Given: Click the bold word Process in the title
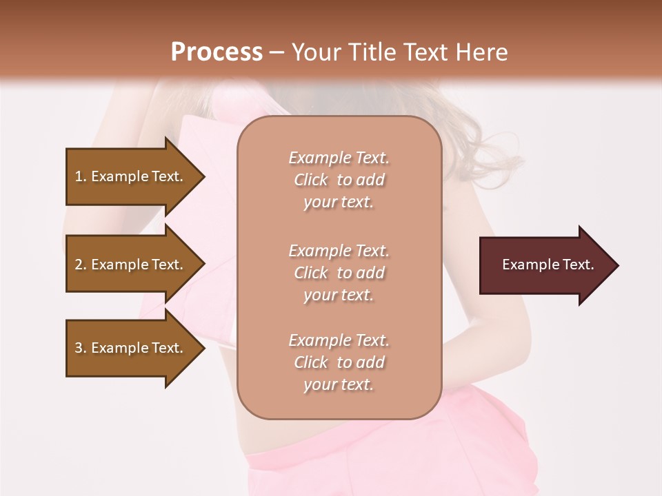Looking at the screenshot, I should (217, 52).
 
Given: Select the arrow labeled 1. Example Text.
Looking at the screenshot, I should (131, 176).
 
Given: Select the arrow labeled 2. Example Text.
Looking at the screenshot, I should (131, 265).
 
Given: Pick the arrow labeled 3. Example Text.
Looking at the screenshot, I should (131, 348).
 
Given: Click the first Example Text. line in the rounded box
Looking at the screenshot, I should (339, 158).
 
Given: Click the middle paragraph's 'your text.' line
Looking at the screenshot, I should (339, 295).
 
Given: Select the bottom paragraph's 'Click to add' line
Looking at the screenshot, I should (339, 362).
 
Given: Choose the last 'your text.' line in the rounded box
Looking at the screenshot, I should (339, 385).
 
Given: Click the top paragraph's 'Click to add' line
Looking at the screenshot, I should (339, 180).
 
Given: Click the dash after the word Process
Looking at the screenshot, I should (277, 52).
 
